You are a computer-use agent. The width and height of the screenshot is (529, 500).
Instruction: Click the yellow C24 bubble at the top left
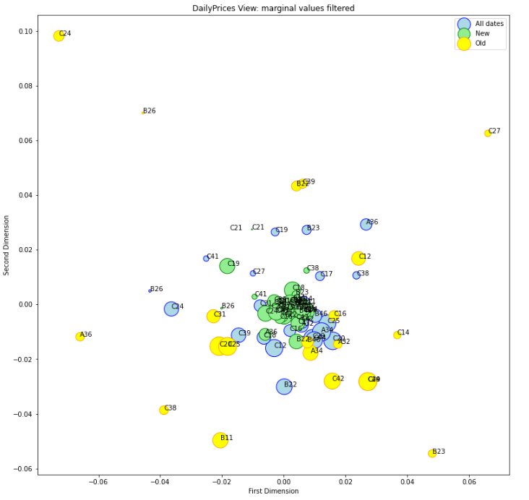(x=59, y=35)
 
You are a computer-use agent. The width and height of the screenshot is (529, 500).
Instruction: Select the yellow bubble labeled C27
(x=488, y=133)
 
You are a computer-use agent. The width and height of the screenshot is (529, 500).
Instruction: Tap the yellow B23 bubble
(x=432, y=453)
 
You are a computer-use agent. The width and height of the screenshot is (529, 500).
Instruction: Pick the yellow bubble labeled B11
(x=220, y=440)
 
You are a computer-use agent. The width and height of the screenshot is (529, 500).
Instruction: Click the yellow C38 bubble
(x=164, y=410)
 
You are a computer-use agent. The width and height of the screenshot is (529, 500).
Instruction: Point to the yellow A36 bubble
(x=80, y=336)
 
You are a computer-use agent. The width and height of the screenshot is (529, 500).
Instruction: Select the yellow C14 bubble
(x=397, y=335)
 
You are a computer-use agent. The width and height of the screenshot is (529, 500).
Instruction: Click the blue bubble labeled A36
(x=366, y=224)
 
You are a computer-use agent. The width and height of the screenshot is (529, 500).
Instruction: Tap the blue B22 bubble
(x=284, y=387)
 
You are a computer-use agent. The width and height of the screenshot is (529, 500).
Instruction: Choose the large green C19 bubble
(x=227, y=266)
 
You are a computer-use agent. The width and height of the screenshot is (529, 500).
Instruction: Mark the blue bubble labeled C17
(x=320, y=276)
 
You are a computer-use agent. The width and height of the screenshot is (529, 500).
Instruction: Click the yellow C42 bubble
(x=332, y=381)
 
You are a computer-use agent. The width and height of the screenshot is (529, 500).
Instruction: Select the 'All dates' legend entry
(x=489, y=24)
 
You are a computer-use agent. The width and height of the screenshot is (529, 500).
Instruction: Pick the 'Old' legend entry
(x=480, y=43)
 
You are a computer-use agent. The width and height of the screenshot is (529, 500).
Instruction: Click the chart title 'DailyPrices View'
(x=273, y=8)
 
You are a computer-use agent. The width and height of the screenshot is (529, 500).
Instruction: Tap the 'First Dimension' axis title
(x=273, y=491)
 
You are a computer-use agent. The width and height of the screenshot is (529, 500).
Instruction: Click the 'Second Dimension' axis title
(x=7, y=245)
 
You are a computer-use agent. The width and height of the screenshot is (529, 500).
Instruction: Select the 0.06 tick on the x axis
(x=470, y=482)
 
